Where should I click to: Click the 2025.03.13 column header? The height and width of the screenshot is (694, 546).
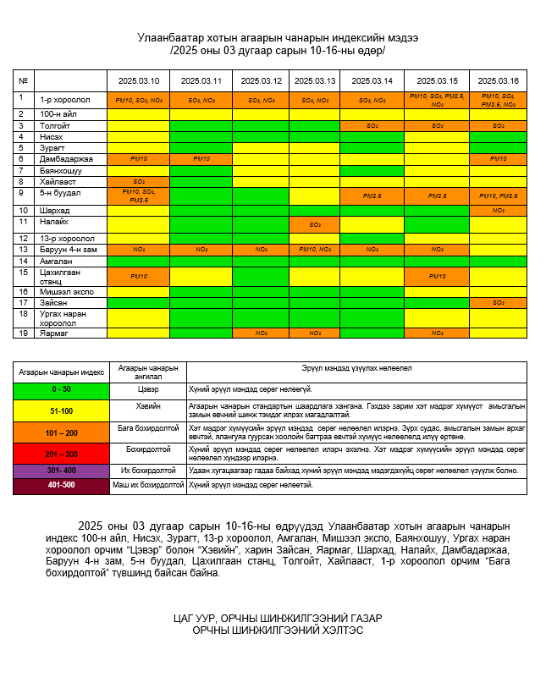tap(314, 80)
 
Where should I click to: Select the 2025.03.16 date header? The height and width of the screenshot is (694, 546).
tap(498, 80)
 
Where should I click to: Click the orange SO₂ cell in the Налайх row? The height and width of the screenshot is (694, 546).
tap(314, 224)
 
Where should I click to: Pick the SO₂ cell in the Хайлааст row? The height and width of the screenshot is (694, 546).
tap(138, 181)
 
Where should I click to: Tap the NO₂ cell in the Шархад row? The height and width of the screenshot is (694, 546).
tap(498, 210)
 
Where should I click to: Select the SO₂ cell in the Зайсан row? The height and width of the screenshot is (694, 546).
tap(498, 302)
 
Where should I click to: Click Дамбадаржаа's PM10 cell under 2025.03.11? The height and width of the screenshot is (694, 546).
tap(201, 159)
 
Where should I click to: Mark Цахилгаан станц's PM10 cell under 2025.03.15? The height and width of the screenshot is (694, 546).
tap(437, 276)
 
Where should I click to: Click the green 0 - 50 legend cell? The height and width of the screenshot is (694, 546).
tap(62, 389)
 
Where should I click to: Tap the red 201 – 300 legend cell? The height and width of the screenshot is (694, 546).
tap(62, 453)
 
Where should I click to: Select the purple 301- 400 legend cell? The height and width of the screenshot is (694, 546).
tap(62, 470)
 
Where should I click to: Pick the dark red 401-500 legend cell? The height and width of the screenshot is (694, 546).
tap(62, 486)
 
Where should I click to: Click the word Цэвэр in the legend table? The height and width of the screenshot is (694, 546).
tap(148, 389)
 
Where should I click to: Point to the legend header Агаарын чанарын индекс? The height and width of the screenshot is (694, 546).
tap(62, 371)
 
